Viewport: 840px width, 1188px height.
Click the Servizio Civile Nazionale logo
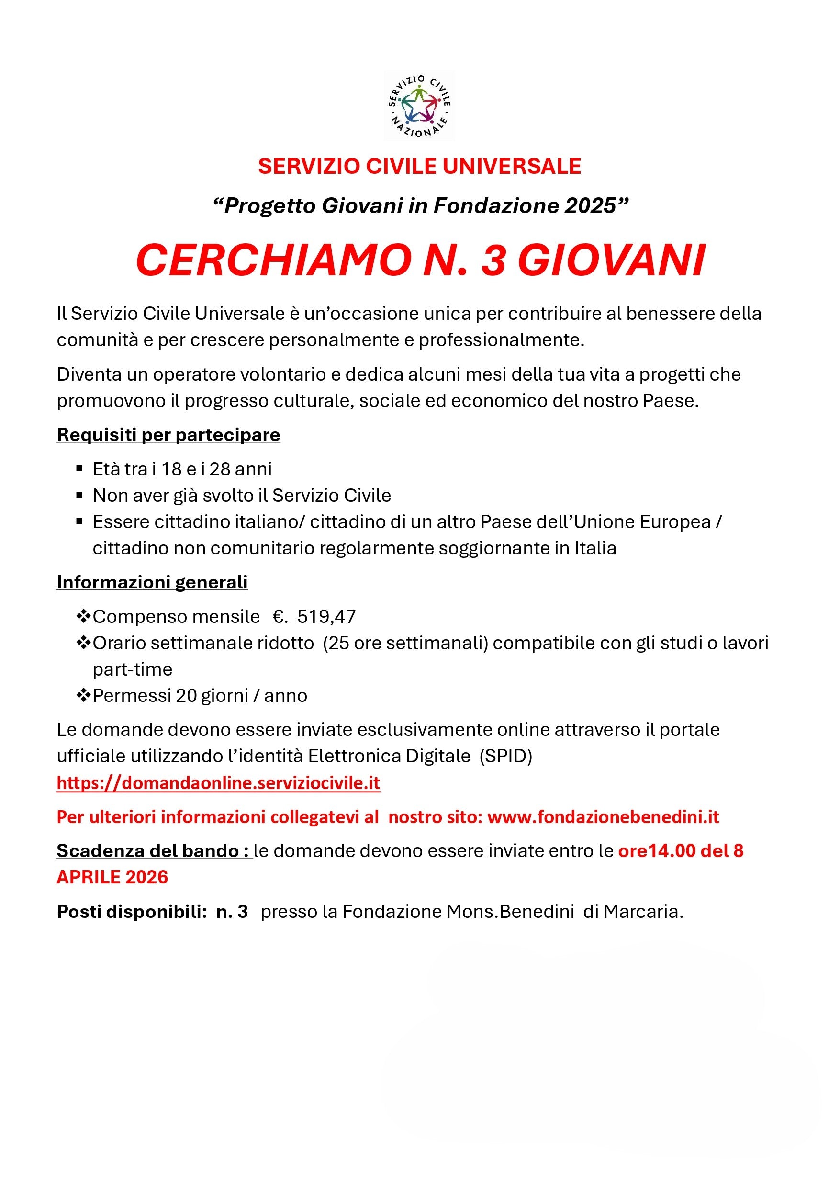(419, 105)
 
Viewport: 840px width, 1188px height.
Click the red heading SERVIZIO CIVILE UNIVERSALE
(419, 166)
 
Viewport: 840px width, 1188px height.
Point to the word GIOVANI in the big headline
(611, 261)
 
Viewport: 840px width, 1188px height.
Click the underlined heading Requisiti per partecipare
(168, 435)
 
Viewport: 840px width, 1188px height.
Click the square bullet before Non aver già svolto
(79, 496)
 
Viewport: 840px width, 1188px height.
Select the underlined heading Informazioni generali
(152, 582)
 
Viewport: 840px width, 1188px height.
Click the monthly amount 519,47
(326, 617)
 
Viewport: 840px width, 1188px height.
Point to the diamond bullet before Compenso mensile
(83, 616)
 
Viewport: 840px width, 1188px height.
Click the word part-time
(133, 669)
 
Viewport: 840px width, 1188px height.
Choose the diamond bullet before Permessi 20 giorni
(83, 695)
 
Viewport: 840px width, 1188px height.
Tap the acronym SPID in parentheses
(505, 756)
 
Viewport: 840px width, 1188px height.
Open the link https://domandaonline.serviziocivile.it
(218, 783)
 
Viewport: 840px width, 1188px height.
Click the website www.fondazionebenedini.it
(603, 817)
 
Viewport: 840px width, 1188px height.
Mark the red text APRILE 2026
(112, 877)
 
